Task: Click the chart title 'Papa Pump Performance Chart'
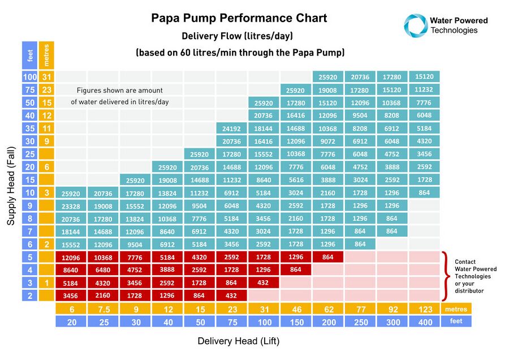coord(239,18)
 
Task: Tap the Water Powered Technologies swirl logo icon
coord(415,25)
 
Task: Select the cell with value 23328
coord(71,207)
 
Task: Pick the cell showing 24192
coord(231,128)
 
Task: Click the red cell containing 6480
coord(103,270)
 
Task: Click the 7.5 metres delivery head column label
coord(103,310)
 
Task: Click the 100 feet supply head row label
coord(29,77)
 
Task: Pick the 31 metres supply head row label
coord(46,77)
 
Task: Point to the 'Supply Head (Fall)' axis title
coord(11,186)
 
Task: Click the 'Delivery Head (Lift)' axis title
coord(238,341)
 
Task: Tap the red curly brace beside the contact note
coord(447,276)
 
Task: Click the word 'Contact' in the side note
coord(466,262)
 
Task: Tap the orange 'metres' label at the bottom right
coord(456,310)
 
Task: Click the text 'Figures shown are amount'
coord(119,90)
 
